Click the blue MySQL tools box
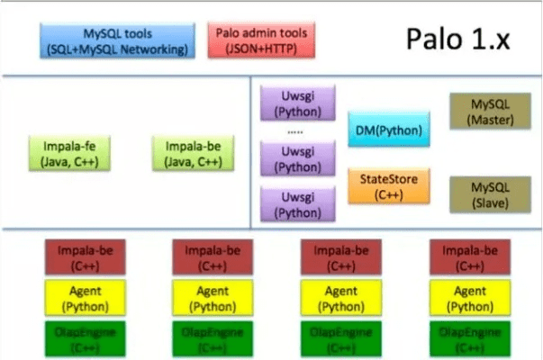coord(118,41)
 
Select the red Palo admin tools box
coord(262,41)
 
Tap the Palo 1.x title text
coord(457,40)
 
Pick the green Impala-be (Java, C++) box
coord(188,152)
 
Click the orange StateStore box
coord(388,184)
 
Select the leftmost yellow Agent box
coord(80,298)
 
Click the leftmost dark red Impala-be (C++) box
coord(80,258)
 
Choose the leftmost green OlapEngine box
coord(80,338)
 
